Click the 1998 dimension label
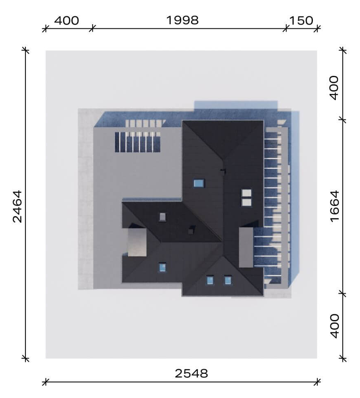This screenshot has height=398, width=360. (x=182, y=20)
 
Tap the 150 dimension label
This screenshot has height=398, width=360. (x=301, y=21)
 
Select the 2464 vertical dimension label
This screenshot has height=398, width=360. (x=17, y=206)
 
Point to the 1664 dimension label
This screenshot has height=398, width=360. (x=335, y=206)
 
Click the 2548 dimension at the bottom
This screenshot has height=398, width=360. (x=191, y=373)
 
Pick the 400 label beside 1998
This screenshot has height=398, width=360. (x=66, y=21)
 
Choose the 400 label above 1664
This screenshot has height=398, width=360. (x=335, y=87)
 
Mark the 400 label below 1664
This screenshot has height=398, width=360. (x=335, y=326)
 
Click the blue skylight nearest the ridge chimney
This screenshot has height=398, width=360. (x=199, y=183)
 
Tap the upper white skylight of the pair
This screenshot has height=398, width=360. (x=246, y=193)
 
